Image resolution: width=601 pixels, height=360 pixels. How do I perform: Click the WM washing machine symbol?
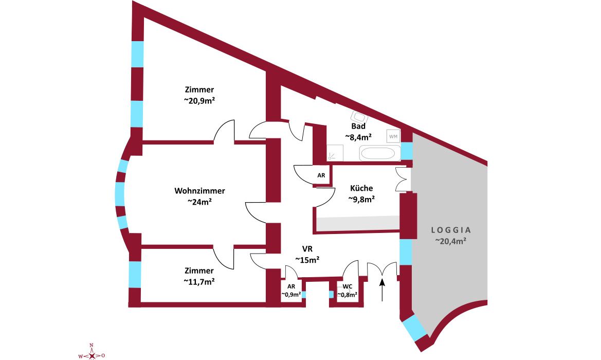(x=393, y=136)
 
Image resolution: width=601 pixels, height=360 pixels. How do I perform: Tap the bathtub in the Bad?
(x=380, y=153)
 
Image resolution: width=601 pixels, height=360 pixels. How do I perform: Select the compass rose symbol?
(x=92, y=354)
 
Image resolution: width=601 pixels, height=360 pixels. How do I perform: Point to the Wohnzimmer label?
(x=199, y=191)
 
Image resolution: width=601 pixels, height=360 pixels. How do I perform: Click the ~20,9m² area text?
(x=199, y=101)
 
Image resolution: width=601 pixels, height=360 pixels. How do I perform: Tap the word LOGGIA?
(x=451, y=230)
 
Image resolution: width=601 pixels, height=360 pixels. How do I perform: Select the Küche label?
(x=361, y=188)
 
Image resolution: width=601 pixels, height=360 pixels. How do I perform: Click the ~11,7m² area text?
(x=199, y=281)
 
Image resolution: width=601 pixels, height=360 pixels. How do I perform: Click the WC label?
(x=348, y=286)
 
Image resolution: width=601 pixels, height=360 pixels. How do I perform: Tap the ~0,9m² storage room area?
(x=291, y=295)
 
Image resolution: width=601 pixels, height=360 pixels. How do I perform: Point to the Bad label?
(x=358, y=126)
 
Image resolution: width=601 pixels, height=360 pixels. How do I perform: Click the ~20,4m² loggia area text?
(x=451, y=241)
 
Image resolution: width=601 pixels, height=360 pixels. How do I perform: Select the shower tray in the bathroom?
(x=335, y=153)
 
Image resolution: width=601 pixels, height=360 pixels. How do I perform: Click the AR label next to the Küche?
(x=321, y=175)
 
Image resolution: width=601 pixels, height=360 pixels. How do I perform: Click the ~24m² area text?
(x=199, y=202)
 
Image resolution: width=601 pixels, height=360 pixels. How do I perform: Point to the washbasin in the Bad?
(x=357, y=117)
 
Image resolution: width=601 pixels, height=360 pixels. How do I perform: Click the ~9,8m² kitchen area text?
(x=361, y=199)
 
